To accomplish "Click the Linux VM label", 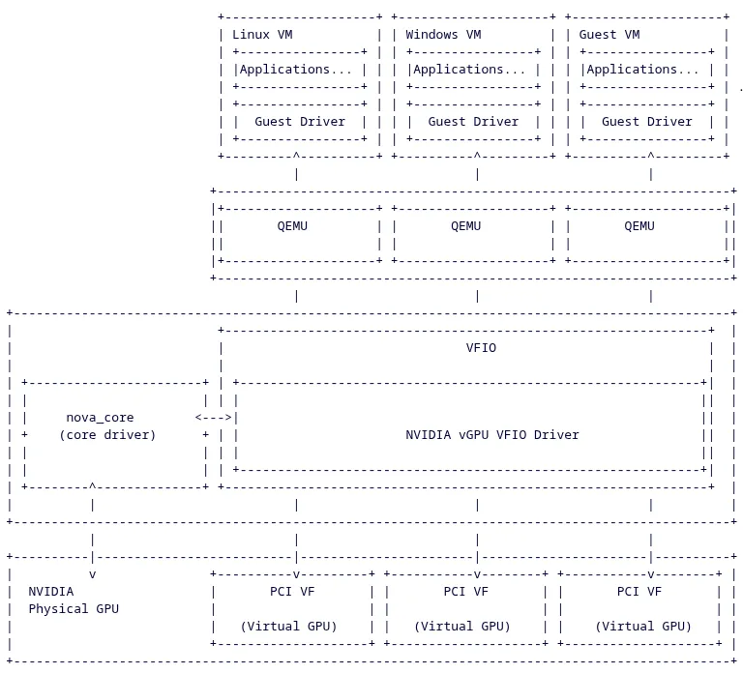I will pyautogui.click(x=262, y=35).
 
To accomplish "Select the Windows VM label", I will pyautogui.click(x=443, y=35).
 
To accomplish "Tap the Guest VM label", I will pyautogui.click(x=609, y=35).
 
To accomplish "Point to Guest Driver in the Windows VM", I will pyautogui.click(x=473, y=122).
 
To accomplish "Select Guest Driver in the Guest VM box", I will pyautogui.click(x=646, y=122).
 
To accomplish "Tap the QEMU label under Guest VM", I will pyautogui.click(x=639, y=226).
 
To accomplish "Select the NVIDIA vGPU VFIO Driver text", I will pyautogui.click(x=491, y=435).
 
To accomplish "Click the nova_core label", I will pyautogui.click(x=100, y=418).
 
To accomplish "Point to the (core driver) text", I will pyautogui.click(x=107, y=435).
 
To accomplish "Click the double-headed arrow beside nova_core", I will pyautogui.click(x=214, y=418).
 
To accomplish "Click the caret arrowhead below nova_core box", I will pyautogui.click(x=92, y=486).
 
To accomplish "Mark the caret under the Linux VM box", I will pyautogui.click(x=296, y=155).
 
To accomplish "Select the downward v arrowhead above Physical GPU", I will pyautogui.click(x=92, y=574).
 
